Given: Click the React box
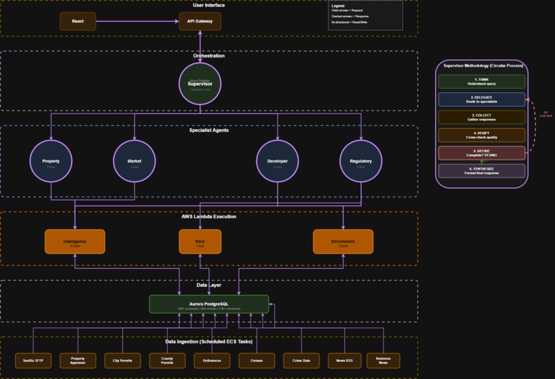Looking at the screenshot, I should click(x=78, y=21).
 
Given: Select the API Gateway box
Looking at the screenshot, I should click(x=200, y=21).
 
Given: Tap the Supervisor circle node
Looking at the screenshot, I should click(x=200, y=84).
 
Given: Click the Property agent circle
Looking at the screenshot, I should click(x=51, y=162).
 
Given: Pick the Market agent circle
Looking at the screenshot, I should click(x=134, y=162).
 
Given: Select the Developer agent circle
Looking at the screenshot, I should click(x=277, y=162).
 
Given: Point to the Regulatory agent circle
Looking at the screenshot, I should click(x=361, y=162).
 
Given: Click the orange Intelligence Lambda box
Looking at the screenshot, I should click(x=74, y=241).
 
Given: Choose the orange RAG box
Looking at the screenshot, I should click(x=200, y=241).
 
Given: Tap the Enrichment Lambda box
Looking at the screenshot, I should click(x=343, y=241).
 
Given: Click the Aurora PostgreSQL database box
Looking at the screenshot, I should click(x=209, y=304).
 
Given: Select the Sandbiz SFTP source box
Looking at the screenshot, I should click(x=33, y=360).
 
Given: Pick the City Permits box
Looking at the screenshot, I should click(x=123, y=360).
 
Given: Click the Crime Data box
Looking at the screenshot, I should click(x=301, y=360).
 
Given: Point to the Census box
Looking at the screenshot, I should click(x=257, y=360).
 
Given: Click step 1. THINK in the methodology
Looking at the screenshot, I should click(x=481, y=81).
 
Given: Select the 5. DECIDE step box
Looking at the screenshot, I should click(x=481, y=153).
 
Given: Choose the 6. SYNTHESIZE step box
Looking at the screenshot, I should click(x=481, y=171).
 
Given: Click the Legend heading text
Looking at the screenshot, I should click(x=338, y=6).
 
